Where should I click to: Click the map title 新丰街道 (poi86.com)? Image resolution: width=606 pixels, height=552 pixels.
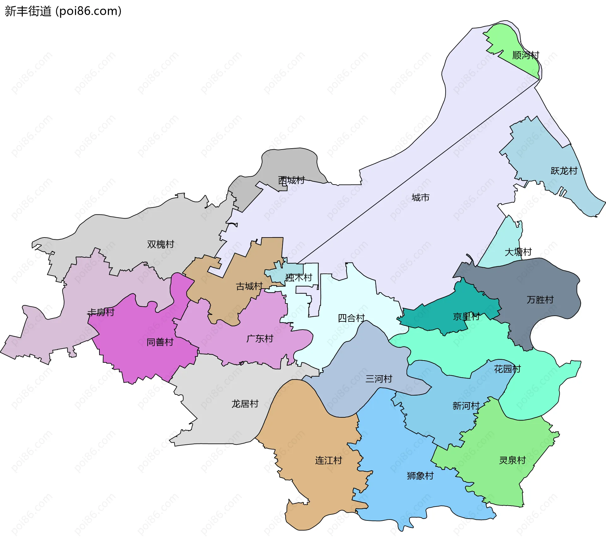[x=63, y=11]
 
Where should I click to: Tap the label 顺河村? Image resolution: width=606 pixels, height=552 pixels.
[x=526, y=56]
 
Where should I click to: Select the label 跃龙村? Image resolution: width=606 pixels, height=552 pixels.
[x=564, y=171]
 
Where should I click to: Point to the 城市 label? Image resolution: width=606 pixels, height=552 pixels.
[x=420, y=198]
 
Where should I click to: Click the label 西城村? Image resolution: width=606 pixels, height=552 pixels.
[x=291, y=180]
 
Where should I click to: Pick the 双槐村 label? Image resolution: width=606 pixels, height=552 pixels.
[x=161, y=244]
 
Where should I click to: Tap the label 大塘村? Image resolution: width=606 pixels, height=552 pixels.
[x=518, y=252]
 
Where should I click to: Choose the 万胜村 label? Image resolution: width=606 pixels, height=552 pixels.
[x=540, y=300]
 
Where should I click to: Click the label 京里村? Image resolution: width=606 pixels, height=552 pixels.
[x=466, y=316]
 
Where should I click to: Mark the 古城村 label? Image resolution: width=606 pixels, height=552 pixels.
[x=249, y=286]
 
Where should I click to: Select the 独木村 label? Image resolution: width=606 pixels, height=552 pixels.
[x=299, y=278]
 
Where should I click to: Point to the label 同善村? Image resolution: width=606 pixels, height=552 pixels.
[x=160, y=342]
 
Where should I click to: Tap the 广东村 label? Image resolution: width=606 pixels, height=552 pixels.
[x=259, y=339]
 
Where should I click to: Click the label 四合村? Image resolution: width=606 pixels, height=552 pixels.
[x=351, y=318]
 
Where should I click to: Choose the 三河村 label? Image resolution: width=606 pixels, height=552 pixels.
[x=379, y=379]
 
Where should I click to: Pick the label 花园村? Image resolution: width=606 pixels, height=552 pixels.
[x=507, y=369]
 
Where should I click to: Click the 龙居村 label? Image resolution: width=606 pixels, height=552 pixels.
[x=245, y=404]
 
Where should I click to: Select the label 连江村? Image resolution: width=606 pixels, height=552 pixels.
[x=329, y=461]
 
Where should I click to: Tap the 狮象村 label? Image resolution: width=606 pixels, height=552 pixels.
[x=420, y=476]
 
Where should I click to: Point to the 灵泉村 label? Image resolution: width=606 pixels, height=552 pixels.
[x=512, y=460]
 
